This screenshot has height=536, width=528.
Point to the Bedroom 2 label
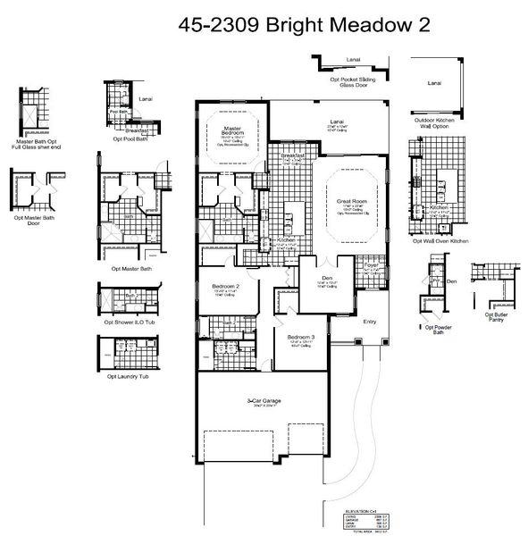(x=225, y=286)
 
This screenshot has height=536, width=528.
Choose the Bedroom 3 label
(x=300, y=338)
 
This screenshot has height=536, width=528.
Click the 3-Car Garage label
(x=264, y=401)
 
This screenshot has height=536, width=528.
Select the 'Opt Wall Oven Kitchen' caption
(x=441, y=240)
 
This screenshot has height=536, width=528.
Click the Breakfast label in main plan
(x=292, y=155)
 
